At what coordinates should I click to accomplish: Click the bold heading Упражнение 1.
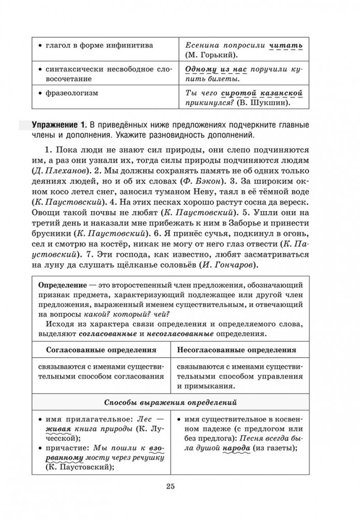pyautogui.click(x=58, y=125)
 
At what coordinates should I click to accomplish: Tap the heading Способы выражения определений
pyautogui.click(x=170, y=401)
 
